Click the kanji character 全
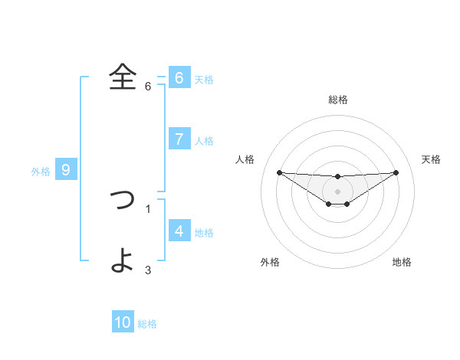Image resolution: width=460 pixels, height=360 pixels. coord(123,77)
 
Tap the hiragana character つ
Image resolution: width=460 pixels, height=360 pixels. coord(123,200)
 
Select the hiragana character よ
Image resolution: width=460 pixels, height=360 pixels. coord(123,260)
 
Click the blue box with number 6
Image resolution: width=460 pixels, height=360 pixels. coord(179,77)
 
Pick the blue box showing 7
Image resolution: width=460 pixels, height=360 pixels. coord(179,139)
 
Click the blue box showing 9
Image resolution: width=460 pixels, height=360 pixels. coord(66,170)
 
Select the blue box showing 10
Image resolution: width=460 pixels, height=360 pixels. coord(123,322)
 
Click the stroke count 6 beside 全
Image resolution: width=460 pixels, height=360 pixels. coord(148,87)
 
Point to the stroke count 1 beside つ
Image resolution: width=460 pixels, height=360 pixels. coord(148,208)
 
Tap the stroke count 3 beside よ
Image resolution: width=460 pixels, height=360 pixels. coord(148,270)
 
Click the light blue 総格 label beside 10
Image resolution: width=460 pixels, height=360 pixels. coord(148,324)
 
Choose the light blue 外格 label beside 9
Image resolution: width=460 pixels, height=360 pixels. coord(41,172)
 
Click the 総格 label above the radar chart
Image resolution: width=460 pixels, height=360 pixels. coord(338,100)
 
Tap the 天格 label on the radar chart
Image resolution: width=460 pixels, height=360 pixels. coord(432,159)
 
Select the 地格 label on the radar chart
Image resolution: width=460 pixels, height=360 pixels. coord(402,262)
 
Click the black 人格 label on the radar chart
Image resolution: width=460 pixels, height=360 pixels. coord(245,159)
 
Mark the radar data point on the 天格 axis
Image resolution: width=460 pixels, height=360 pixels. coord(396,172)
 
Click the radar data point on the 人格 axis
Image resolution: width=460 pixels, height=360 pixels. coord(280,172)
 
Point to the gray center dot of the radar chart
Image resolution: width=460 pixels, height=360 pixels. coord(338,191)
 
